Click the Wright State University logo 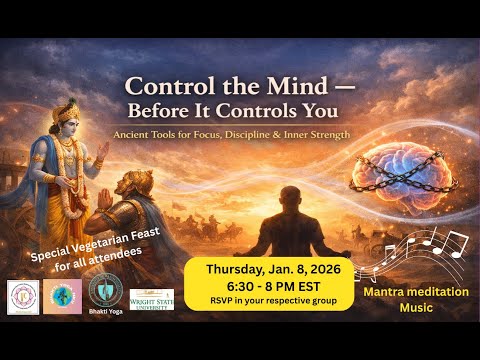[151, 299]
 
